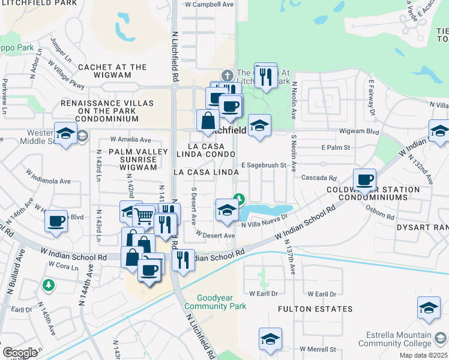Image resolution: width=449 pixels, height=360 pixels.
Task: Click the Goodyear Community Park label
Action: click(214, 301)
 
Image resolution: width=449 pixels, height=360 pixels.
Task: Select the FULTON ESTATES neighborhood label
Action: click(315, 309)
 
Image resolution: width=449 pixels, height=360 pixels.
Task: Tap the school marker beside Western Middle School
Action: click(65, 133)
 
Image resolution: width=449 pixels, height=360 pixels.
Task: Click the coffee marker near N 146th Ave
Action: click(56, 220)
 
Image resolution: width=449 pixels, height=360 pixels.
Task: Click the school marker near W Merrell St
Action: click(270, 339)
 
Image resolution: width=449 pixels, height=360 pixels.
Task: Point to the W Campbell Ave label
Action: click(209, 4)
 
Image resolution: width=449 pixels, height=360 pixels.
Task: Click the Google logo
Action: click(20, 353)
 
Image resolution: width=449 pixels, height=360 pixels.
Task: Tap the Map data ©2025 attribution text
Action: click(423, 355)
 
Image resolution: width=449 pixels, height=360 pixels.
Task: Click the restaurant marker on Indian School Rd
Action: click(183, 260)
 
